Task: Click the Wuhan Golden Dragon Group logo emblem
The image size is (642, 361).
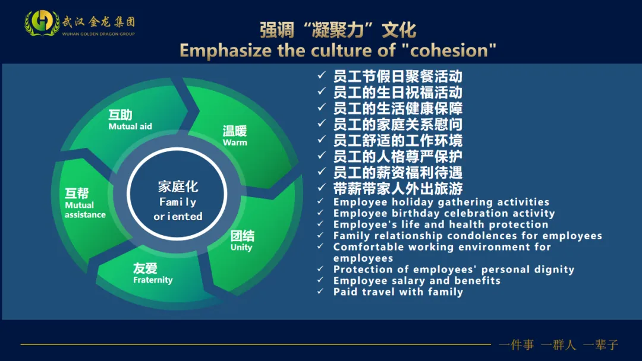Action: (x=42, y=23)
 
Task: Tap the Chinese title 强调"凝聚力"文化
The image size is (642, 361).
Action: (x=338, y=30)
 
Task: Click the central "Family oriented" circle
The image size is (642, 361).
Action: (x=178, y=201)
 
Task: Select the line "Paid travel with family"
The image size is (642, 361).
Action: (x=398, y=292)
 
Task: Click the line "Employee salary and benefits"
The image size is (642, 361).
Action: (x=416, y=280)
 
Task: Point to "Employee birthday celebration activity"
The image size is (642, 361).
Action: (x=443, y=213)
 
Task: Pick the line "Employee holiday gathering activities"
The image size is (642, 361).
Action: (x=441, y=202)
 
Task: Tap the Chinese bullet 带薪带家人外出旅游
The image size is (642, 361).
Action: (x=397, y=189)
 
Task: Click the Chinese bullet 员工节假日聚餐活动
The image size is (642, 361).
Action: (x=397, y=77)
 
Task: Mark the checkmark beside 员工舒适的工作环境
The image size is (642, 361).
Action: (x=322, y=140)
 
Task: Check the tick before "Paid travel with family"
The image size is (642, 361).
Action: (x=322, y=292)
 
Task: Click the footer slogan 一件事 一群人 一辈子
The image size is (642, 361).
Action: (x=558, y=344)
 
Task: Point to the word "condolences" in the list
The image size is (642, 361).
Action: (x=484, y=236)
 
